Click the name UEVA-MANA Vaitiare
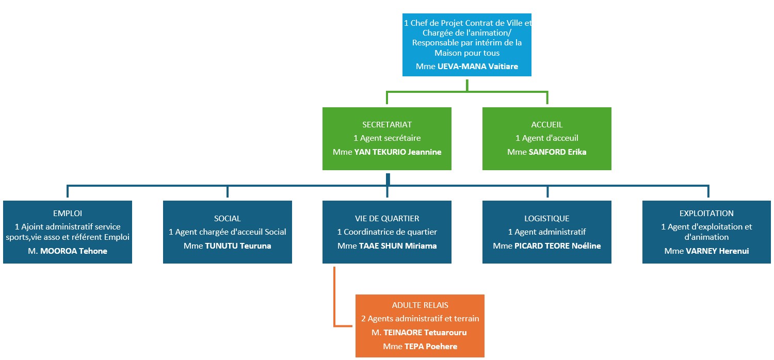pyautogui.click(x=477, y=67)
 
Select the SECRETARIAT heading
pyautogui.click(x=387, y=124)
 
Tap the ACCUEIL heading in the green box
pyautogui.click(x=546, y=124)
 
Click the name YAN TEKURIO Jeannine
pyautogui.click(x=398, y=152)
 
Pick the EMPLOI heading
pyautogui.click(x=68, y=213)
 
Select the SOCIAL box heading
pyautogui.click(x=228, y=218)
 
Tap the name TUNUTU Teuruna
pyautogui.click(x=238, y=246)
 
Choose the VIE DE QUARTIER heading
pyautogui.click(x=387, y=218)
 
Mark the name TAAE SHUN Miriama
pyautogui.click(x=398, y=246)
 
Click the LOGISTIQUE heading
pyautogui.click(x=547, y=218)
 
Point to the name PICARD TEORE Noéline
pyautogui.click(x=557, y=246)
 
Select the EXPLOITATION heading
pyautogui.click(x=706, y=213)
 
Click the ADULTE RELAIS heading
pyautogui.click(x=420, y=305)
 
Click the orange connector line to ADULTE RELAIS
pyautogui.click(x=334, y=299)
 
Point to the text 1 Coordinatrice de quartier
pyautogui.click(x=387, y=232)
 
